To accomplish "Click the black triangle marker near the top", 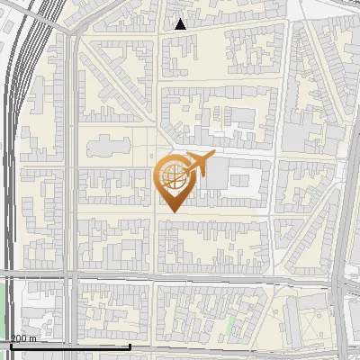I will pyautogui.click(x=181, y=24).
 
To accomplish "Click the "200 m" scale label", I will pyautogui.click(x=23, y=338).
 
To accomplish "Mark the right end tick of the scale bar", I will pyautogui.click(x=130, y=345).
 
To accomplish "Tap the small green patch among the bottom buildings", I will pyautogui.click(x=231, y=322).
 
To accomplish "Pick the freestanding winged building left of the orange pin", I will pyautogui.click(x=106, y=148).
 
